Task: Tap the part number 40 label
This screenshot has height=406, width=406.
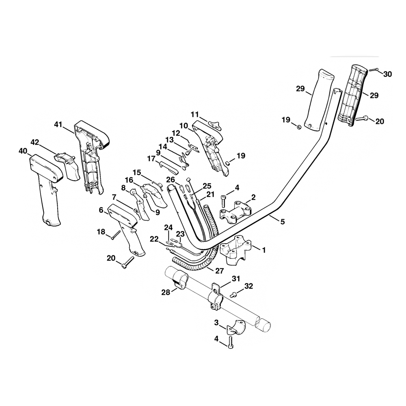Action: [23, 151]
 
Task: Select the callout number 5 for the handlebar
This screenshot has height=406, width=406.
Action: [282, 222]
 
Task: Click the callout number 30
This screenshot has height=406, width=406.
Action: [387, 74]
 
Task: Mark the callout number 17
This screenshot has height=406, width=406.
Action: [151, 159]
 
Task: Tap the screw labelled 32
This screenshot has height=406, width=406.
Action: [234, 294]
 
